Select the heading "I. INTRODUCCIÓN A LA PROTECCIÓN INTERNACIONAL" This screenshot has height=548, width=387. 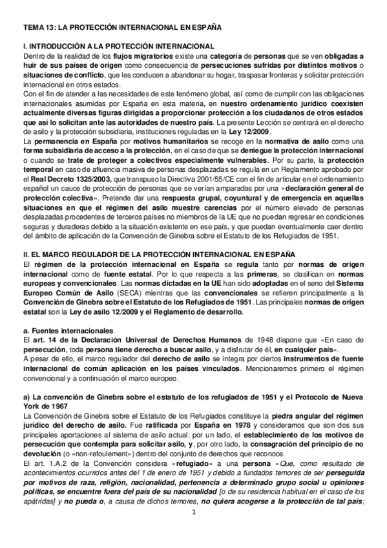click(118, 47)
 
